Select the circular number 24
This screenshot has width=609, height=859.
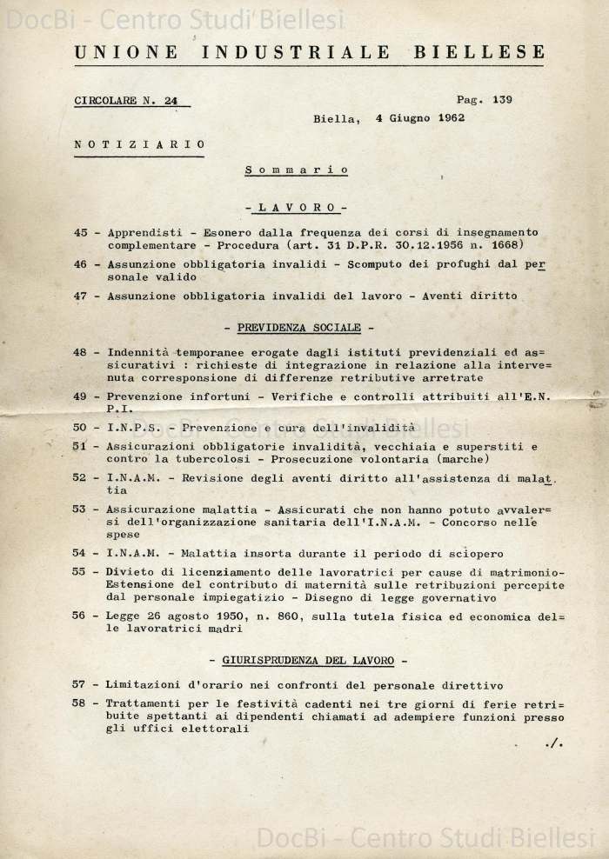(x=171, y=101)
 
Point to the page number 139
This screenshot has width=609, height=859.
(x=502, y=99)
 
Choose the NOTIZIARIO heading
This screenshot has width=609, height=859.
(x=140, y=144)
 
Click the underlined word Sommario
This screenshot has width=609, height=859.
(x=297, y=170)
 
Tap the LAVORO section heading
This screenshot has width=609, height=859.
(x=297, y=208)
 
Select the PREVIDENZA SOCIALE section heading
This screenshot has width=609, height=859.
(x=298, y=328)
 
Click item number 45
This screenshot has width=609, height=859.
(x=81, y=233)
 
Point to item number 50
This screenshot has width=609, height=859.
(x=81, y=428)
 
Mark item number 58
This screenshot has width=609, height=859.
(x=81, y=703)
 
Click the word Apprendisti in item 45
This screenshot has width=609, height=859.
(x=144, y=233)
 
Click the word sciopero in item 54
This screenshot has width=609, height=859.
(x=474, y=554)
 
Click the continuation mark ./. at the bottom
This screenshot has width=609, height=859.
(x=553, y=743)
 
